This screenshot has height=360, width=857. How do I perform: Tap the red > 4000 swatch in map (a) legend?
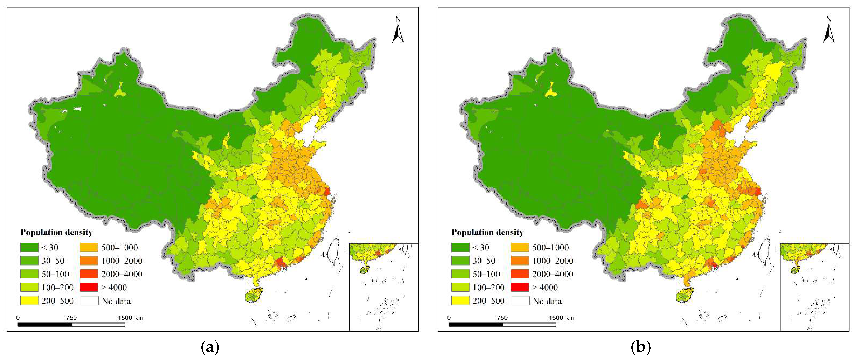tap(89, 287)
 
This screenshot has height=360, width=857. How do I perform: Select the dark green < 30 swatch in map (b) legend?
tap(460, 247)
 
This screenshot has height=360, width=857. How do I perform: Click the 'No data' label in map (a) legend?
tap(116, 301)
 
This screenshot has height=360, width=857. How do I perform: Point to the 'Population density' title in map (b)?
tap(487, 232)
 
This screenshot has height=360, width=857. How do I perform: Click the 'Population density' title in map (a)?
tap(56, 232)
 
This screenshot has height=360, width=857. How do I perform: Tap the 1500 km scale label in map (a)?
tap(130, 318)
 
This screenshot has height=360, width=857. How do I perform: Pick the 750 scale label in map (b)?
tap(502, 318)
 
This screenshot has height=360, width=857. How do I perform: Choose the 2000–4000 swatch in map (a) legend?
tap(89, 274)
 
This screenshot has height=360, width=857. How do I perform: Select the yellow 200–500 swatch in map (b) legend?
tap(460, 301)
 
